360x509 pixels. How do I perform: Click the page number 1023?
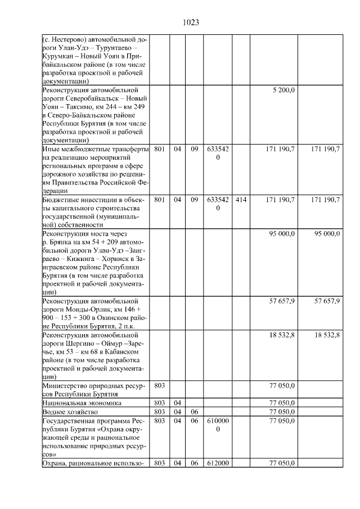(x=191, y=22)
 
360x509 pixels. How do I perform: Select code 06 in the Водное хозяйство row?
(x=193, y=412)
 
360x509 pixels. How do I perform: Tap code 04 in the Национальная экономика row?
(x=177, y=403)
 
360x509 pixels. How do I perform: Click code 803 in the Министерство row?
(x=160, y=386)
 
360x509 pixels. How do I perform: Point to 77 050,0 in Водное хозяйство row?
(x=282, y=412)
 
